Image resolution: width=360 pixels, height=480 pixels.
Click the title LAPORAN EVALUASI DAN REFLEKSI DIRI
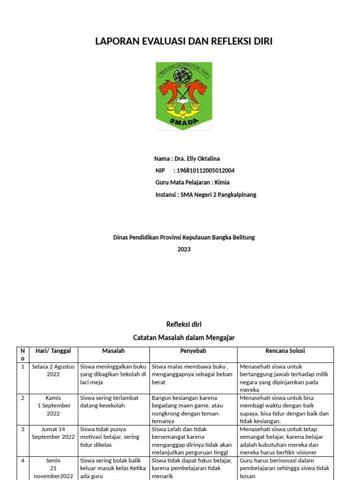pyautogui.click(x=184, y=42)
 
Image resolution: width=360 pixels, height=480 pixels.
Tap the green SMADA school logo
pyautogui.click(x=184, y=96)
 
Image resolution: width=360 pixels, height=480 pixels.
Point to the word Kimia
pyautogui.click(x=222, y=182)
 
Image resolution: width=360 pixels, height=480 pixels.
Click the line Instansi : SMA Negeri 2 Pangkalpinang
pyautogui.click(x=206, y=195)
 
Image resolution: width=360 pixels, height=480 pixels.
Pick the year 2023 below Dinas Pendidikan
pyautogui.click(x=184, y=249)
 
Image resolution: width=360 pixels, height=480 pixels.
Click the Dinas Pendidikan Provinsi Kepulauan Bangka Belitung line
pyautogui.click(x=184, y=238)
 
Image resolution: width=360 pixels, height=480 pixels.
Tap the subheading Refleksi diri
pyautogui.click(x=184, y=324)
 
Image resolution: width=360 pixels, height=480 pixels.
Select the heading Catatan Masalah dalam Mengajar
pyautogui.click(x=184, y=337)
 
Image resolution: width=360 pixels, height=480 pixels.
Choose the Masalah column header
pyautogui.click(x=113, y=351)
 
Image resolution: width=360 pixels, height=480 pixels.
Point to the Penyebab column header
pyautogui.click(x=193, y=351)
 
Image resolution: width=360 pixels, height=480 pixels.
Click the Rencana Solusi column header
pyautogui.click(x=285, y=351)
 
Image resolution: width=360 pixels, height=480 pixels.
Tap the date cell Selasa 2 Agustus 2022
pyautogui.click(x=53, y=371)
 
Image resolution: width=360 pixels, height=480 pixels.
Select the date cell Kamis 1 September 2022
pyautogui.click(x=53, y=405)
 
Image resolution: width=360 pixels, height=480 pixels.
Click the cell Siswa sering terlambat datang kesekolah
pyautogui.click(x=110, y=402)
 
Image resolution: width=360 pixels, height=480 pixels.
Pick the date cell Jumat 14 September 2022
pyautogui.click(x=53, y=433)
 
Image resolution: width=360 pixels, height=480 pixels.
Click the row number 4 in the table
pyautogui.click(x=22, y=461)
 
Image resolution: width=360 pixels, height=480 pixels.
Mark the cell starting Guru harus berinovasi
pyautogui.click(x=284, y=468)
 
